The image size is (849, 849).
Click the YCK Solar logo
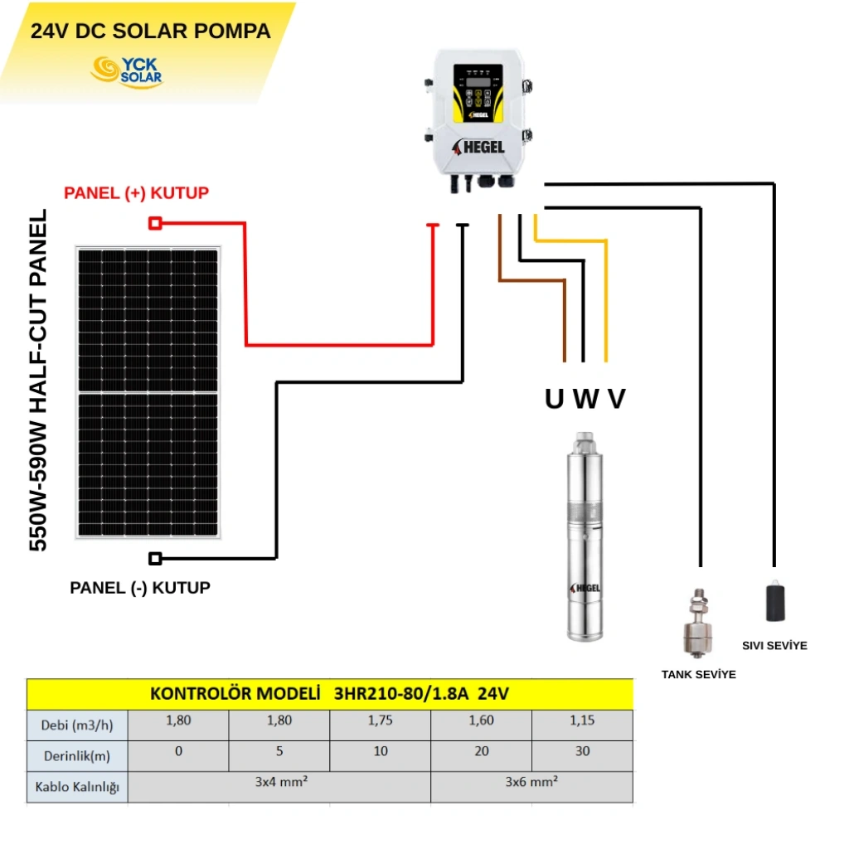click(x=126, y=70)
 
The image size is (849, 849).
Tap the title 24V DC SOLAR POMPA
click(x=150, y=32)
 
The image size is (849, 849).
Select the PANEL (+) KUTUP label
click(x=137, y=193)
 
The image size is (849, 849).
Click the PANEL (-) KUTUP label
click(x=140, y=588)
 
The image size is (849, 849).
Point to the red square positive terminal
click(x=154, y=223)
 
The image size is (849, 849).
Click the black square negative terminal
click(x=155, y=558)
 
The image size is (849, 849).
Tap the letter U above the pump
click(x=554, y=400)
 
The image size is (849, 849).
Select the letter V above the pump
click(x=616, y=400)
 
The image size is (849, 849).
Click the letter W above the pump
click(x=585, y=400)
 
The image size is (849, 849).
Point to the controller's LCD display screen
click(x=476, y=83)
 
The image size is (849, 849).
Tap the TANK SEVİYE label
click(x=698, y=674)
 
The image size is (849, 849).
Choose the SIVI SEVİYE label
click(x=774, y=645)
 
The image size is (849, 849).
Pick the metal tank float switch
click(x=699, y=623)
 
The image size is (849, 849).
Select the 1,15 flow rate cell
click(x=582, y=720)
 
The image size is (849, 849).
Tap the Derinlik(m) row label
click(x=77, y=756)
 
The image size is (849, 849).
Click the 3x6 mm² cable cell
click(x=531, y=780)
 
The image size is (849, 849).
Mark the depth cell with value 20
click(x=481, y=751)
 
